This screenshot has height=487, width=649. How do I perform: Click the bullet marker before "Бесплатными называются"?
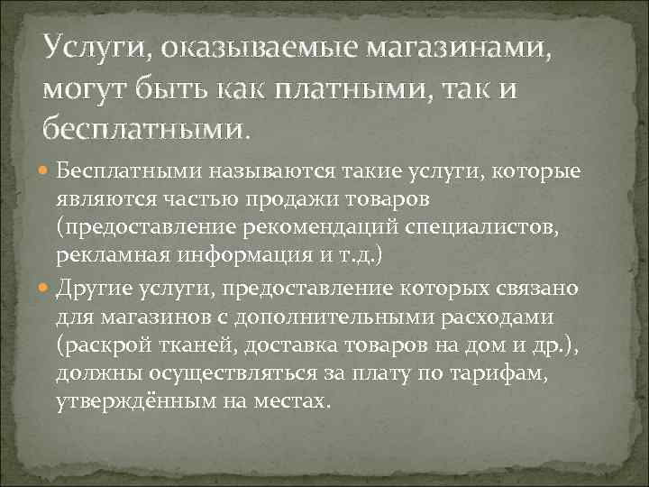47,170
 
